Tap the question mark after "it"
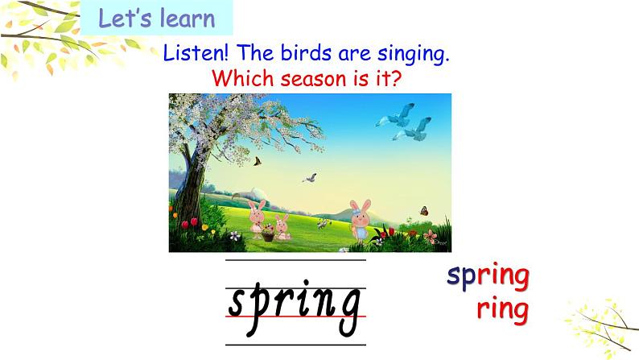[x=395, y=78]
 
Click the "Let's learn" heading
[x=156, y=19]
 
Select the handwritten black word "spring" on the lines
[x=295, y=307]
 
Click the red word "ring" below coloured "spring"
[x=502, y=309]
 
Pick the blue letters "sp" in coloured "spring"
[x=462, y=277]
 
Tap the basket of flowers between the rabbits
[x=268, y=234]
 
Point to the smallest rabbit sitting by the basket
[x=282, y=227]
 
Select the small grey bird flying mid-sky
[x=310, y=178]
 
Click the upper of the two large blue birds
[x=398, y=115]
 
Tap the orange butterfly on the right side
[x=424, y=211]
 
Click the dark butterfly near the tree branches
[x=258, y=161]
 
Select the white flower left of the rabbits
[x=234, y=235]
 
